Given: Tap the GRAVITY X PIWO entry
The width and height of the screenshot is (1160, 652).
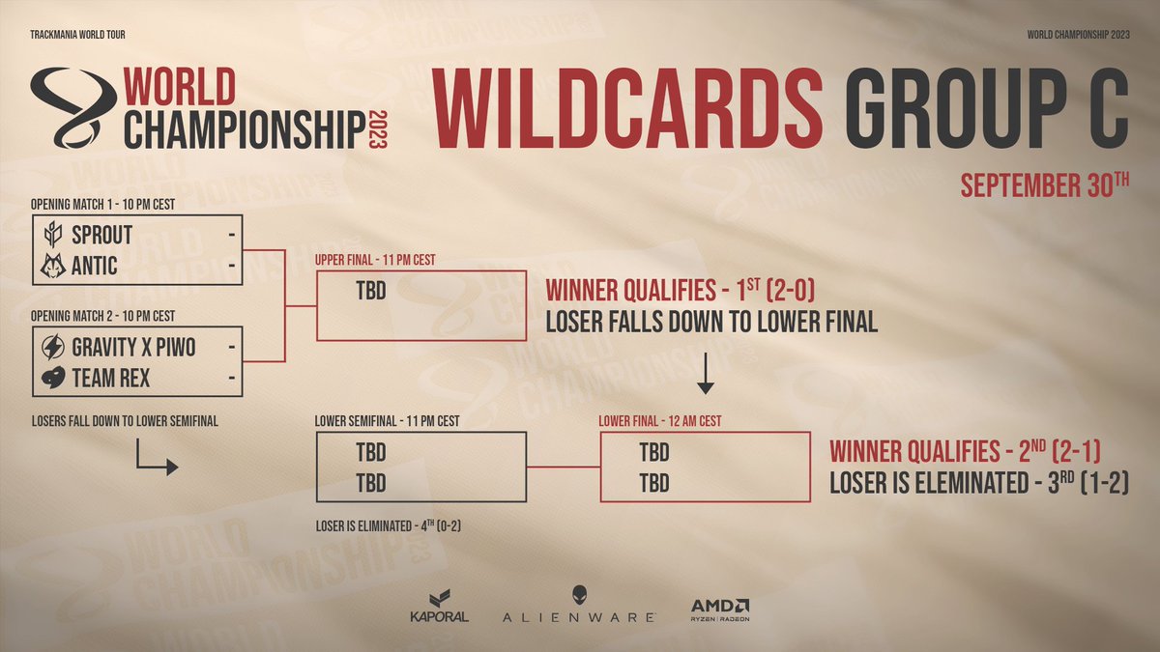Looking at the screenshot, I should tap(133, 347).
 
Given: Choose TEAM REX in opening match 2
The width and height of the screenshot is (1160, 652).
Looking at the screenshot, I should tap(111, 378).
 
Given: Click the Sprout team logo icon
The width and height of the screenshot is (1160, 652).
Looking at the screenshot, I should tap(54, 235).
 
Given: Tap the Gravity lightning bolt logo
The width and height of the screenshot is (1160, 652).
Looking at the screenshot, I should tap(54, 347).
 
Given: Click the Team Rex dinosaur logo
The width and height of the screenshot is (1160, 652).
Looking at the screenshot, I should tap(54, 378).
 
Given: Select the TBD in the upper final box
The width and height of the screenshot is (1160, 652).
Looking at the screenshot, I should tap(371, 290).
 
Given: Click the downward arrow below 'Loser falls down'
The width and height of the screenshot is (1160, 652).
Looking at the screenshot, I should tap(706, 374).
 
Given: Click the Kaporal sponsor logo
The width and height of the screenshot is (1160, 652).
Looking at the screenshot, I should tap(440, 607).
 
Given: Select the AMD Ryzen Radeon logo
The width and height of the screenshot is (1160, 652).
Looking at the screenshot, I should tap(720, 608).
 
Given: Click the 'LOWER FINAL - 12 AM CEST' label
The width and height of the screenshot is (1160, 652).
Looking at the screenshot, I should tap(660, 421).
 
